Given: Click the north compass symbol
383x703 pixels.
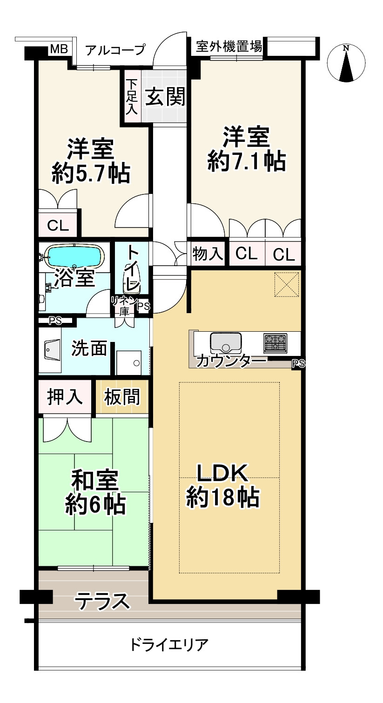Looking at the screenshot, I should click(346, 64).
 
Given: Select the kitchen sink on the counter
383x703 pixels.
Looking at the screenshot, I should click(226, 343).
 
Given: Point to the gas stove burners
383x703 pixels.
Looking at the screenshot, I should click(275, 343).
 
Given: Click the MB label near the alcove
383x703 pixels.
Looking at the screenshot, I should click(59, 49).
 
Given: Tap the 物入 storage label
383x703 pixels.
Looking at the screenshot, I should click(208, 254).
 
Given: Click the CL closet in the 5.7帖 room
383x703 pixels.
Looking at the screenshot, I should click(58, 226).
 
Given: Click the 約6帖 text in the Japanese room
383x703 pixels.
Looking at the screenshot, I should click(94, 504).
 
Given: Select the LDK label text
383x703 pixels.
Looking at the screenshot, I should click(222, 474).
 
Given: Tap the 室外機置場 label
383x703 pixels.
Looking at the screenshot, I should click(228, 47).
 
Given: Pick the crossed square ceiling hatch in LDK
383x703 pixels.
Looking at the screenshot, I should click(287, 284).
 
